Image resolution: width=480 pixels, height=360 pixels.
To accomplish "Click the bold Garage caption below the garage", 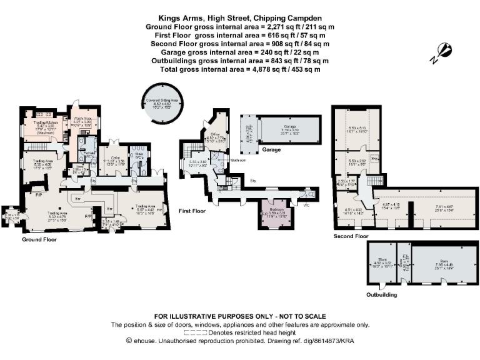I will click(271, 151).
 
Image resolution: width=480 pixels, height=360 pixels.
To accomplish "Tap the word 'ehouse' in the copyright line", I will click(144, 341).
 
